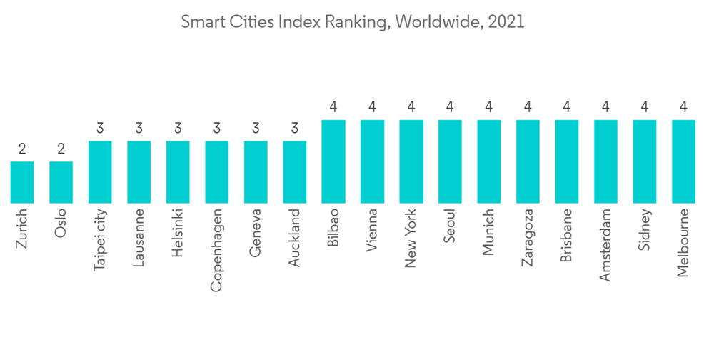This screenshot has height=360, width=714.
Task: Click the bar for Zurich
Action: tap(22, 182)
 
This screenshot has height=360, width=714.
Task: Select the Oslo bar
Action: tap(61, 182)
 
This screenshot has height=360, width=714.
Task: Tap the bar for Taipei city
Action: tap(100, 172)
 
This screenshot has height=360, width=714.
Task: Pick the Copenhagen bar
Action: tap(217, 172)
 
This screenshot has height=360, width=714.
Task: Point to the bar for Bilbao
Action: tap(333, 161)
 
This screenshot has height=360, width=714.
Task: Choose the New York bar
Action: tap(411, 161)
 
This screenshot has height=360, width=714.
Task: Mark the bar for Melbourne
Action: tap(683, 161)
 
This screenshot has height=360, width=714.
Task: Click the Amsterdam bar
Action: tap(605, 161)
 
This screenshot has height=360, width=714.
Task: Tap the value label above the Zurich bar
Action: tap(22, 149)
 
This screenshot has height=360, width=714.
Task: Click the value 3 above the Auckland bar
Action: tap(295, 129)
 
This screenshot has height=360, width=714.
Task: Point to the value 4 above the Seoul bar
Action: tap(450, 108)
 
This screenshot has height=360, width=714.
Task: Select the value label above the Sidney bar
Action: tap(645, 108)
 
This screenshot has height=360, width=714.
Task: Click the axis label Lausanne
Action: tap(139, 238)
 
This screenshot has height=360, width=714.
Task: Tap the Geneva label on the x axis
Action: tap(256, 232)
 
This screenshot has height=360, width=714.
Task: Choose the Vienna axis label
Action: tap(372, 231)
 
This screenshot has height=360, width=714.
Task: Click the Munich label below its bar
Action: tap(488, 232)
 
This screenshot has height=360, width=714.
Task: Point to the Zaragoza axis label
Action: tap(528, 238)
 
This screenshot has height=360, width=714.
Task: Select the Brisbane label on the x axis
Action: tap(566, 236)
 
